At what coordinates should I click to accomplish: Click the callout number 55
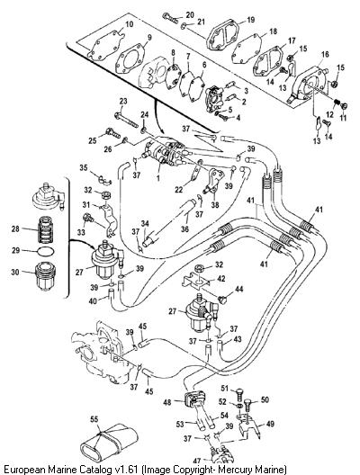94,419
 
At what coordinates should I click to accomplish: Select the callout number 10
129,24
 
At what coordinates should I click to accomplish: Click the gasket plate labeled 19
222,37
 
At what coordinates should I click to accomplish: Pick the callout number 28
15,229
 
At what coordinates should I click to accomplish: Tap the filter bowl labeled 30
46,276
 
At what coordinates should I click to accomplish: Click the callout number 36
184,229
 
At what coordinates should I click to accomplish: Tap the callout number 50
265,399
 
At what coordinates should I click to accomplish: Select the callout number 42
221,278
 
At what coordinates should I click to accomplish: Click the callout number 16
325,55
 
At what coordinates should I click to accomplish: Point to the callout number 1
157,178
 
